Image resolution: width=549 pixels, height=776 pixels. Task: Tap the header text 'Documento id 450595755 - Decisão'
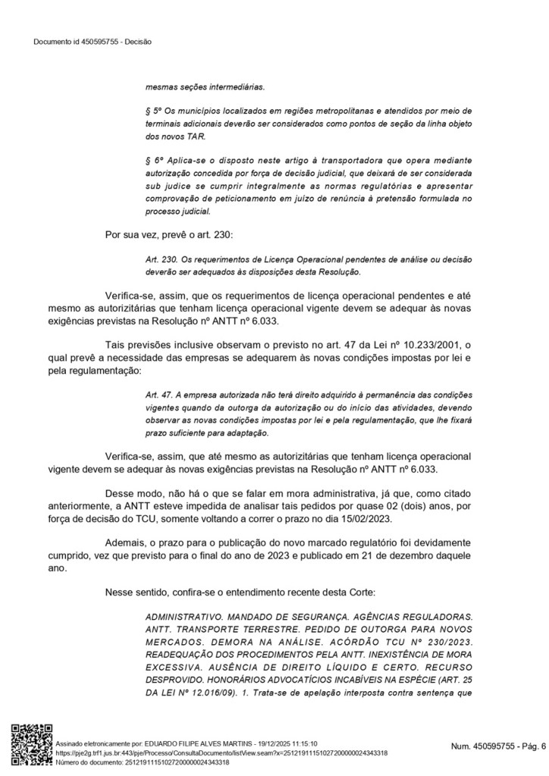tap(92, 42)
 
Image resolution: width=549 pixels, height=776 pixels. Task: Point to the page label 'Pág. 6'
tap(530, 747)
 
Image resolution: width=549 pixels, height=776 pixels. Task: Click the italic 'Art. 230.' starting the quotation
tap(163, 259)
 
